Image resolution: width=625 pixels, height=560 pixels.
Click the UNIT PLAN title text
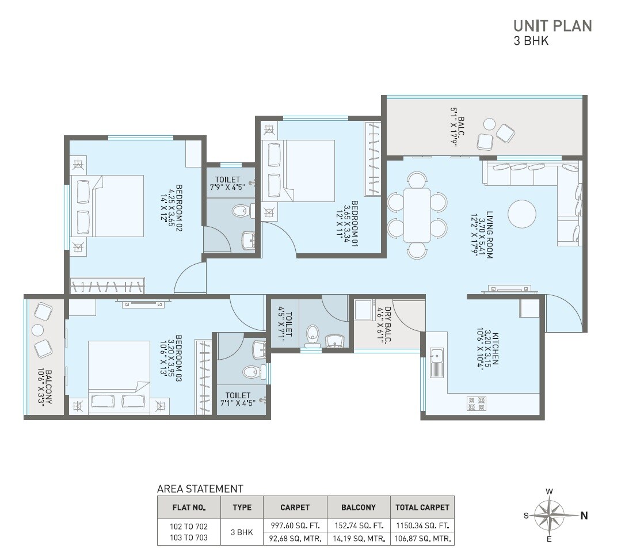(x=552, y=26)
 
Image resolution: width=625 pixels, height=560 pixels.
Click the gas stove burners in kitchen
(x=477, y=402)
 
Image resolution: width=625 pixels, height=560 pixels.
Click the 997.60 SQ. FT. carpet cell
(x=295, y=526)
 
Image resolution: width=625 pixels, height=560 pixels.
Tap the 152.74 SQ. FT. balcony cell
(x=359, y=526)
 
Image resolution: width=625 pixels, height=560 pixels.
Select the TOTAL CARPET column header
(x=422, y=508)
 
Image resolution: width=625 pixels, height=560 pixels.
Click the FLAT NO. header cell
(x=189, y=508)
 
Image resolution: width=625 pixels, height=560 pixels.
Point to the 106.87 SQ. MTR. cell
(x=422, y=539)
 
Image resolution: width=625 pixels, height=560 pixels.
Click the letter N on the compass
(x=584, y=516)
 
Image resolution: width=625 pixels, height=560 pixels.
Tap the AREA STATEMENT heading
(x=200, y=489)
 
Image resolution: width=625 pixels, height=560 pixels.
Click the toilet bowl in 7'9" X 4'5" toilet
(x=241, y=212)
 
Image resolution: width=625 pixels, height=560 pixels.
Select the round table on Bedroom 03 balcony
(x=37, y=330)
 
